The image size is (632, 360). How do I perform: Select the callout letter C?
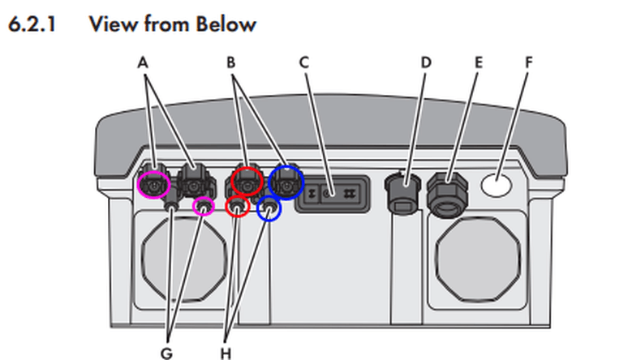click(305, 62)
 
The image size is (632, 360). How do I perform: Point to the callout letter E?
click(478, 62)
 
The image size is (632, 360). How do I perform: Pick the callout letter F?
click(528, 62)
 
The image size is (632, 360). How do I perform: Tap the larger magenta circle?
click(153, 186)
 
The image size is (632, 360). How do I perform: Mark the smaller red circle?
click(237, 208)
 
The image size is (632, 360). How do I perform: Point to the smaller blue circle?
click(269, 210)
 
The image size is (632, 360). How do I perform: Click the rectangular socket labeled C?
click(329, 195)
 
